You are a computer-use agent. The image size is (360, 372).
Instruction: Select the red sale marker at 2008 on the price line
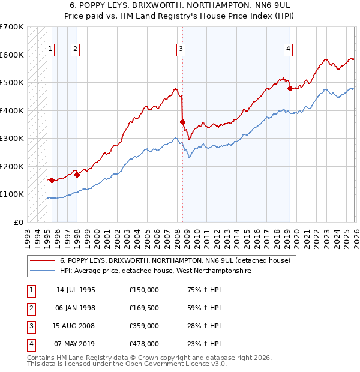[183, 122]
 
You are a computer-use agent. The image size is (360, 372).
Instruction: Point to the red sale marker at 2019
[290, 89]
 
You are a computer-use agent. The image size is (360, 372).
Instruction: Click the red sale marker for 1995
[52, 180]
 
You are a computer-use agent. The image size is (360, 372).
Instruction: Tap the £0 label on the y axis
[18, 222]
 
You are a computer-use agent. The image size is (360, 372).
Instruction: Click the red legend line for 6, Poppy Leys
[41, 261]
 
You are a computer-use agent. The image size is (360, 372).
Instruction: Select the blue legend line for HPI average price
[41, 271]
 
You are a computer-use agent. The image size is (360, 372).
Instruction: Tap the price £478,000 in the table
[144, 344]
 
